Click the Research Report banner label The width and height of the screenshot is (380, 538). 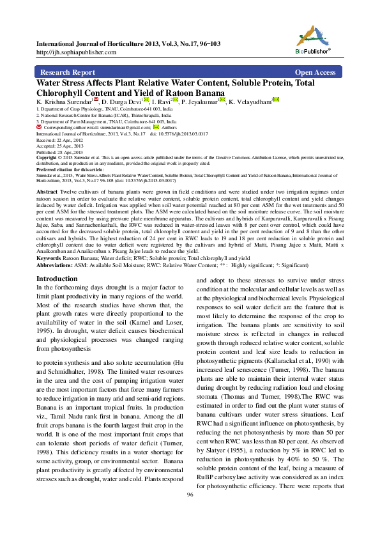pyautogui.click(x=68, y=73)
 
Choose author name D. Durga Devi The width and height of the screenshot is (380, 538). pyautogui.click(x=121, y=102)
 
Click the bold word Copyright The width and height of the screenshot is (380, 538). pyautogui.click(x=48, y=158)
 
